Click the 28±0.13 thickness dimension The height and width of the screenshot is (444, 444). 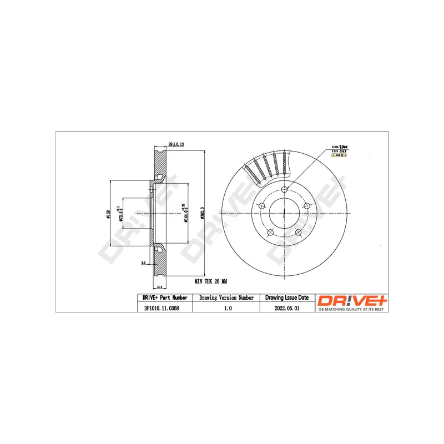(176, 144)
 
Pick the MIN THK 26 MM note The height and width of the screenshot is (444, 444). (212, 282)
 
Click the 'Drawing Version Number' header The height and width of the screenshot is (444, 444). (228, 298)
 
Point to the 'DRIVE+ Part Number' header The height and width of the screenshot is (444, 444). (162, 298)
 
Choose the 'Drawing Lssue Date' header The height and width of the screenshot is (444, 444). (287, 298)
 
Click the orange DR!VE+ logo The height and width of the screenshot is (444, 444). (352, 301)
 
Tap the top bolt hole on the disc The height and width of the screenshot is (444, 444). (285, 190)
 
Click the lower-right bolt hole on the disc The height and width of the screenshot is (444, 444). (298, 233)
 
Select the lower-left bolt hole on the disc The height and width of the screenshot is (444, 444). (270, 233)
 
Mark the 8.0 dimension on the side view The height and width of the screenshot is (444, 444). (143, 263)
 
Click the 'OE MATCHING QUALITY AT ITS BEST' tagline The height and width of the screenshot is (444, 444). (352, 309)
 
